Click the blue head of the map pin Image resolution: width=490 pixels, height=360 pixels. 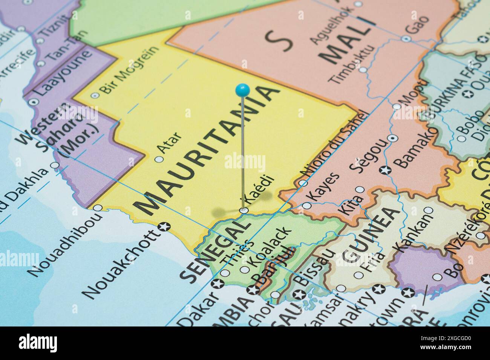242,90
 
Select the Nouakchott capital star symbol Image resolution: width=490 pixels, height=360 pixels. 165,227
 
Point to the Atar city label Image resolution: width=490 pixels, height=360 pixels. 169,143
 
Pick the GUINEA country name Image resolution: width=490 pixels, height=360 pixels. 371,235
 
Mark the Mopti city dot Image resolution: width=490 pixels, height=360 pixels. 397,107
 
